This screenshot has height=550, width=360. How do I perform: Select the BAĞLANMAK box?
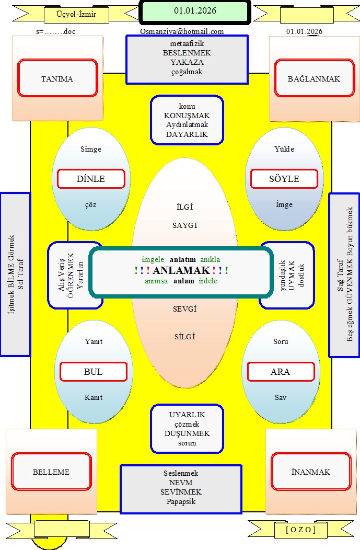click(313, 79)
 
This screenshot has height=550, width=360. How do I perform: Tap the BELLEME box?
click(51, 472)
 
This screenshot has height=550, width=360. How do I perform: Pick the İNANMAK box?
click(310, 472)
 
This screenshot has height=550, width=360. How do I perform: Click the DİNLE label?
click(91, 179)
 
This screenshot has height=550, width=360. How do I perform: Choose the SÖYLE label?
click(284, 179)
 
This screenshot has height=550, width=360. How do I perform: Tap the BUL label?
click(94, 372)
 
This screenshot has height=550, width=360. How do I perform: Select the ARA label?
click(280, 372)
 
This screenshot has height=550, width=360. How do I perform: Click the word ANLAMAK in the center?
click(182, 270)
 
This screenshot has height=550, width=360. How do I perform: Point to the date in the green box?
click(195, 10)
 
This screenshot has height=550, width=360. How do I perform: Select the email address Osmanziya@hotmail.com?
click(182, 31)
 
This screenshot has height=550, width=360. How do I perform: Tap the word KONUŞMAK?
click(187, 116)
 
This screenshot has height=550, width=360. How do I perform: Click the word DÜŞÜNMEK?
click(187, 433)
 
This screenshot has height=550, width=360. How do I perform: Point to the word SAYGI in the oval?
click(184, 225)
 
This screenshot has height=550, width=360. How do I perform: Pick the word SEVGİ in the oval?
click(184, 309)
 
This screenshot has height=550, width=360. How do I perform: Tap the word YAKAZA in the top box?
click(187, 62)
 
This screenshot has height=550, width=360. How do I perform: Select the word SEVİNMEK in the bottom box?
click(181, 492)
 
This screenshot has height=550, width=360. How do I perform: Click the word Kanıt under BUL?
click(94, 397)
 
